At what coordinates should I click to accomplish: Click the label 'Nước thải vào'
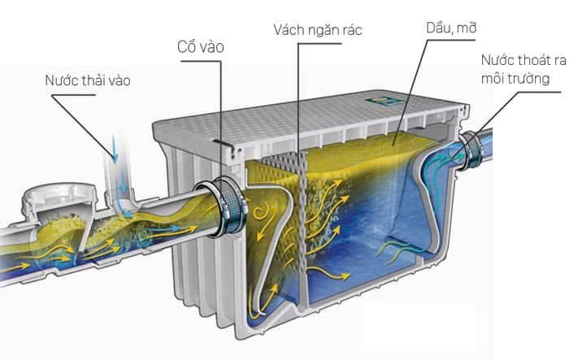coord(88,80)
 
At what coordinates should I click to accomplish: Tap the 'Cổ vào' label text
coord(200,47)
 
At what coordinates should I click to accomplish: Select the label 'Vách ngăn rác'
coord(318,30)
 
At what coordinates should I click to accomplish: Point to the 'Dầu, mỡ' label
coord(451,28)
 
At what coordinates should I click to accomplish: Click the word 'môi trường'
coord(515,78)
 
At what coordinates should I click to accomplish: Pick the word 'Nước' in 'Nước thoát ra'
coord(498,60)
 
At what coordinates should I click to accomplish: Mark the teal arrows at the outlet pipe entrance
coord(447,159)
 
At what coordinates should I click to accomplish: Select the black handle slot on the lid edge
coord(223,143)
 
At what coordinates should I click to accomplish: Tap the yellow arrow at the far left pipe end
coord(16,267)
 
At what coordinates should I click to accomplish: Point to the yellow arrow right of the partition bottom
coord(329,274)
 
